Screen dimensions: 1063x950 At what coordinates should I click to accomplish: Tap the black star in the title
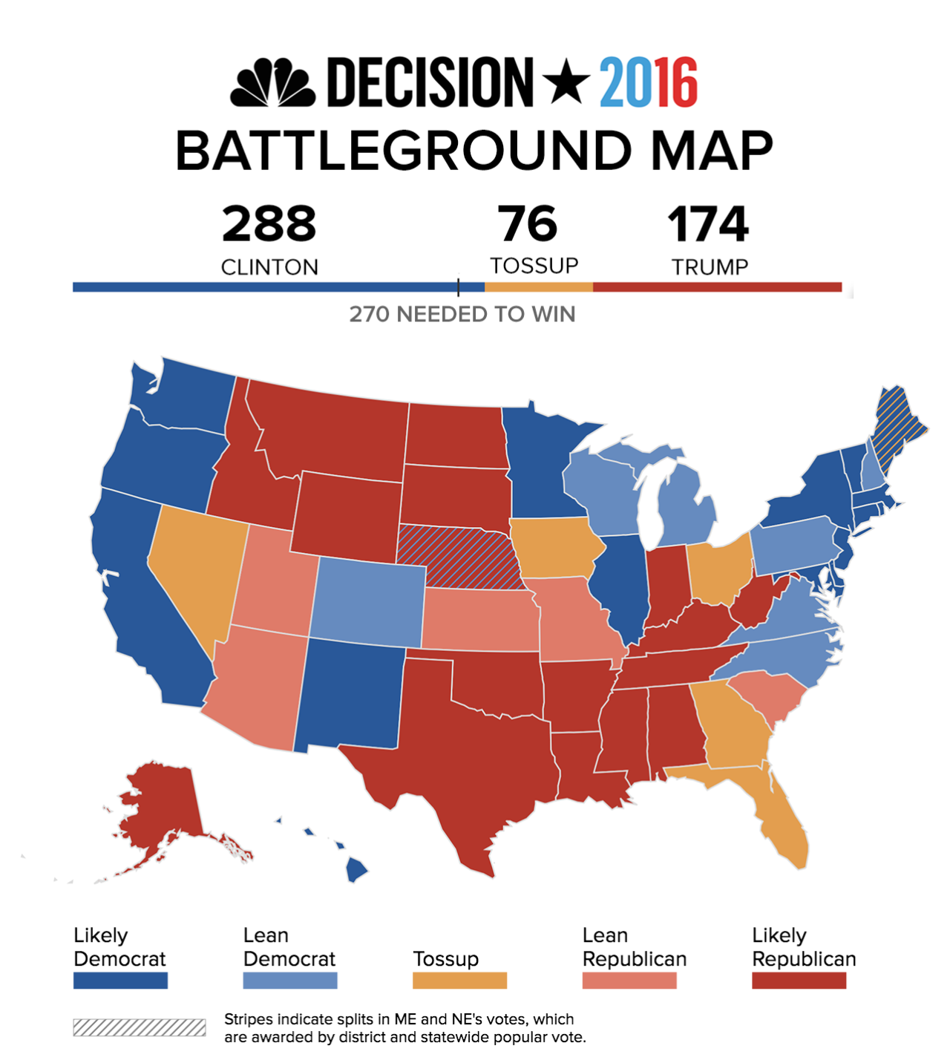(x=566, y=81)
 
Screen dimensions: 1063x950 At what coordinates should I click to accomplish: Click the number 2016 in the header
(x=649, y=82)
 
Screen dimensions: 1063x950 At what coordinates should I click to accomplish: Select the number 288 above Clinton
(x=269, y=224)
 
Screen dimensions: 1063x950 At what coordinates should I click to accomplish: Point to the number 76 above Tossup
(x=528, y=224)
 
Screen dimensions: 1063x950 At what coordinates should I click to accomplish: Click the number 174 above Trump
(x=708, y=224)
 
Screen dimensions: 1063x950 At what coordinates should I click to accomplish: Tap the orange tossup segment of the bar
(x=539, y=287)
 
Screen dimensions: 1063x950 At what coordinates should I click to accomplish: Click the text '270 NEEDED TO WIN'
(x=462, y=315)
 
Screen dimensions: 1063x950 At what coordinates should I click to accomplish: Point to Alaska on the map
(x=160, y=809)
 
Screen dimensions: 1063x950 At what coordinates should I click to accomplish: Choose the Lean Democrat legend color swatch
(x=290, y=981)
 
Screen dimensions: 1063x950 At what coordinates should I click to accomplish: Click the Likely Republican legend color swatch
(x=799, y=981)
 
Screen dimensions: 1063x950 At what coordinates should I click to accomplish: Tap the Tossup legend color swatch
(x=459, y=981)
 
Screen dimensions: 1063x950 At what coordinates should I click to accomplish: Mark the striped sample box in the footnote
(x=140, y=1027)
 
